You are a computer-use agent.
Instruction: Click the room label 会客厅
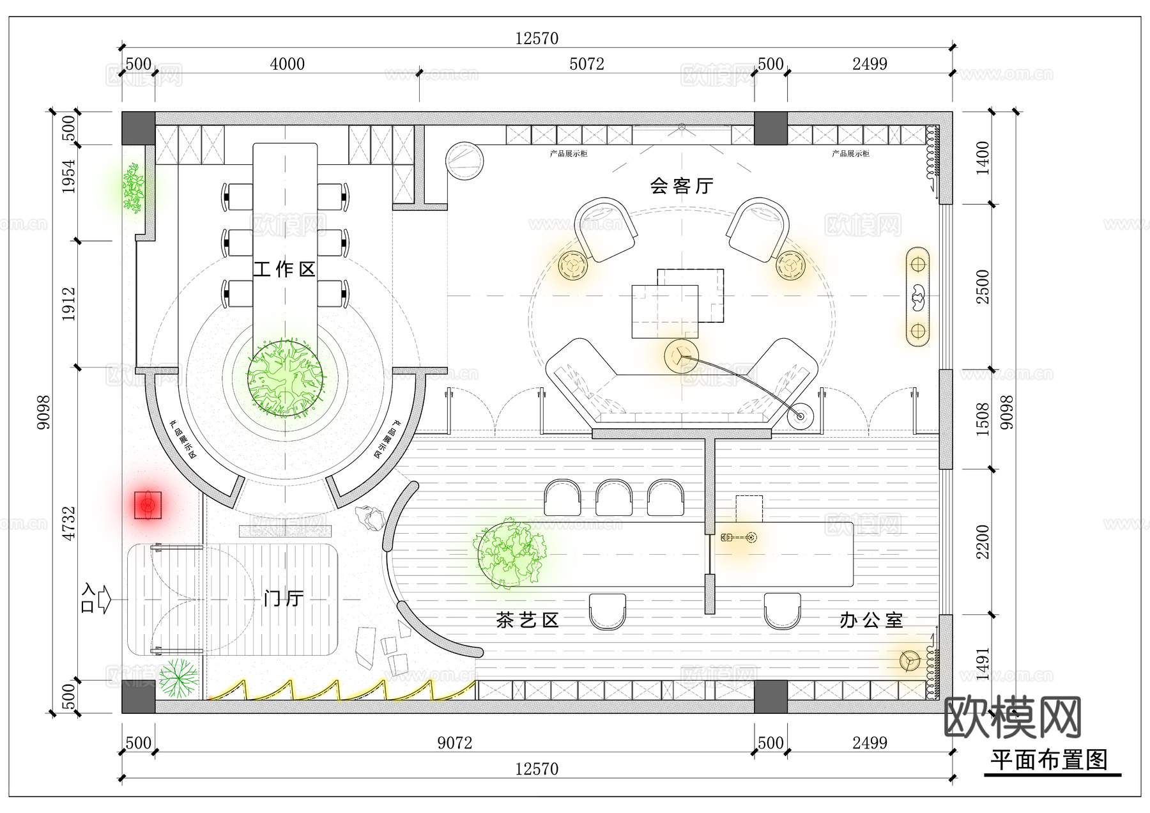[x=681, y=186]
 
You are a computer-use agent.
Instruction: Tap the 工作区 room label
[x=284, y=269]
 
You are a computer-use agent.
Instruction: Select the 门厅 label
[x=284, y=598]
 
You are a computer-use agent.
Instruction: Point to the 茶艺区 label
[x=527, y=620]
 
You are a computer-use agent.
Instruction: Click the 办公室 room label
[x=871, y=620]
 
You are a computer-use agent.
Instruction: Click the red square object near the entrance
[x=148, y=506]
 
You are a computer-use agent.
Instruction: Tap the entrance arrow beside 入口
[x=104, y=599]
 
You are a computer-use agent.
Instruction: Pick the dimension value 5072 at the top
[x=586, y=64]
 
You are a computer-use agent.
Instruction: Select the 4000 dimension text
[x=287, y=64]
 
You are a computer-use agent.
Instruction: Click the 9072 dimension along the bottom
[x=454, y=743]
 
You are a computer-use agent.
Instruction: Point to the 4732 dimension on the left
[x=69, y=523]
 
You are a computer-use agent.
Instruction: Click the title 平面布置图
[x=1048, y=760]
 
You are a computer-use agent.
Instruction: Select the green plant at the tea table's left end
[x=510, y=554]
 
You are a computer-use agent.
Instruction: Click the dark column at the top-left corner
[x=139, y=128]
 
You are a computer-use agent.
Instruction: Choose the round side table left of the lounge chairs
[x=572, y=265]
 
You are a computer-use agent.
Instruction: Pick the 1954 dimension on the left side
[x=69, y=176]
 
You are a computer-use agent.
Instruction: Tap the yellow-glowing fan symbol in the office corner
[x=908, y=661]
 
